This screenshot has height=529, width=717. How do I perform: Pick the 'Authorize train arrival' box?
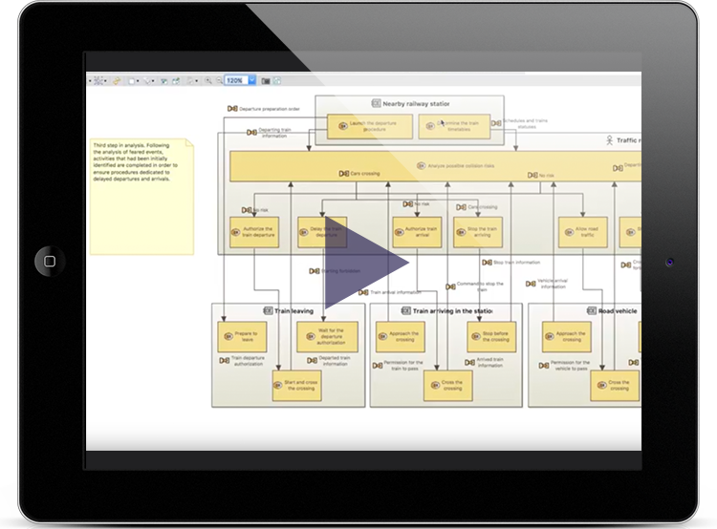point(417,232)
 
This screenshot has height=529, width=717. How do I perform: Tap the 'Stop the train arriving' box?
point(478,232)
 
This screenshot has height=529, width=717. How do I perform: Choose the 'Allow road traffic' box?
point(584,232)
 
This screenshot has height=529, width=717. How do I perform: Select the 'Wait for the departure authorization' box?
point(331,336)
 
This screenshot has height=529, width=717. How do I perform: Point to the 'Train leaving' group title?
point(294,311)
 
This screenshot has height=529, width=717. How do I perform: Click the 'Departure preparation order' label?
point(269,108)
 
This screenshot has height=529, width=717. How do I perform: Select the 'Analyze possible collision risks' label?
point(461,166)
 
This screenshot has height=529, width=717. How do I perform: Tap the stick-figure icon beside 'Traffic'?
point(609,140)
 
